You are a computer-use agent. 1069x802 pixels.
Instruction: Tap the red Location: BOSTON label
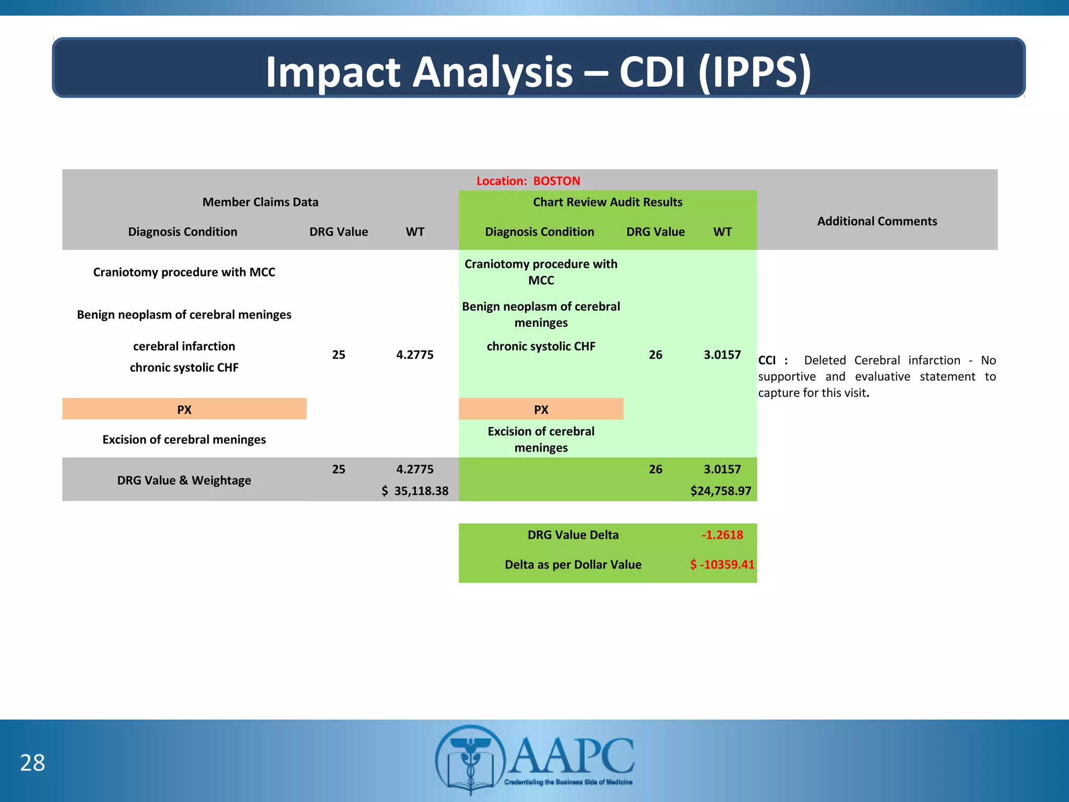(528, 181)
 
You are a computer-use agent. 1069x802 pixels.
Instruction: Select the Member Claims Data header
(260, 202)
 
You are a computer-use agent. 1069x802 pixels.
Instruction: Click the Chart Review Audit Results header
(607, 202)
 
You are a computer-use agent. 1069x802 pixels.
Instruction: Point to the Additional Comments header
(876, 221)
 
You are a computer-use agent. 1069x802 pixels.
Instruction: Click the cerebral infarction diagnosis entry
(184, 346)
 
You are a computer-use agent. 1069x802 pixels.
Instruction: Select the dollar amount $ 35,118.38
(415, 491)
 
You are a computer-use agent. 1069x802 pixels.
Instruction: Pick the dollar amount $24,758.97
(720, 491)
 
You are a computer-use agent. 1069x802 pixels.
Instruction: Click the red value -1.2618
(722, 535)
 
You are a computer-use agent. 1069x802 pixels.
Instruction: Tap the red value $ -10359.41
(722, 564)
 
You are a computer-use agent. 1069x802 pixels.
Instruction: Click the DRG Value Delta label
(573, 535)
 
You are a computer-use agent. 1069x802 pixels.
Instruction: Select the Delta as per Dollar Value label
(573, 564)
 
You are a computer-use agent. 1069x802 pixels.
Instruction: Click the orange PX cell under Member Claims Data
(184, 409)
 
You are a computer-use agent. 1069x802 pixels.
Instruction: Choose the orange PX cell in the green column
(541, 409)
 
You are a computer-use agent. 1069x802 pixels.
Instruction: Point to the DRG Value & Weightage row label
(184, 480)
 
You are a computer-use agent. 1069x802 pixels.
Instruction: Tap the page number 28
(32, 763)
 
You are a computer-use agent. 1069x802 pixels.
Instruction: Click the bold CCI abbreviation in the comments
(767, 360)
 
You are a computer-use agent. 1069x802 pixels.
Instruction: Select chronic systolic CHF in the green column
(541, 346)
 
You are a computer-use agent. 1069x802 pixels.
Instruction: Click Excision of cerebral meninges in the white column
(184, 440)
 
